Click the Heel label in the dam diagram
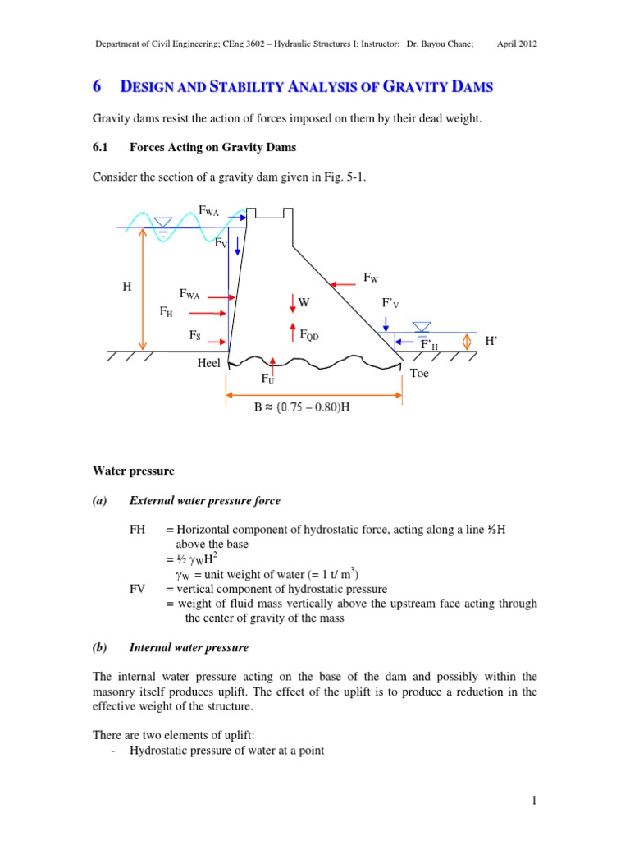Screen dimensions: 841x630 [x=209, y=363]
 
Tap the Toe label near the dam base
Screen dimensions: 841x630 [x=418, y=373]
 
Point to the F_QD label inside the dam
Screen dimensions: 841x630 [x=309, y=335]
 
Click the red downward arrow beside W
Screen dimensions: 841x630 [x=292, y=303]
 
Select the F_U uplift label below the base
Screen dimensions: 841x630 [x=267, y=379]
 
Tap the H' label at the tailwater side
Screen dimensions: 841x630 [x=491, y=340]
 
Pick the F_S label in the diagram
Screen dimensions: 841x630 [x=195, y=335]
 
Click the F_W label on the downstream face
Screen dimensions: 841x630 [x=371, y=278]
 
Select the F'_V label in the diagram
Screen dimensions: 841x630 [x=390, y=303]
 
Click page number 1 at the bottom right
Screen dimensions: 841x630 [x=533, y=802]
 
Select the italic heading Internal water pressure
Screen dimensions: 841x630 [x=189, y=648]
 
